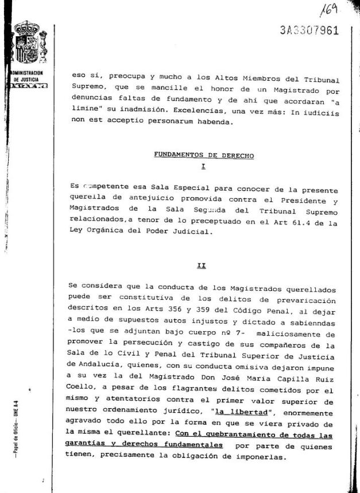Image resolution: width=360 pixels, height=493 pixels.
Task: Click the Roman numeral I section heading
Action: point(204,166)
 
